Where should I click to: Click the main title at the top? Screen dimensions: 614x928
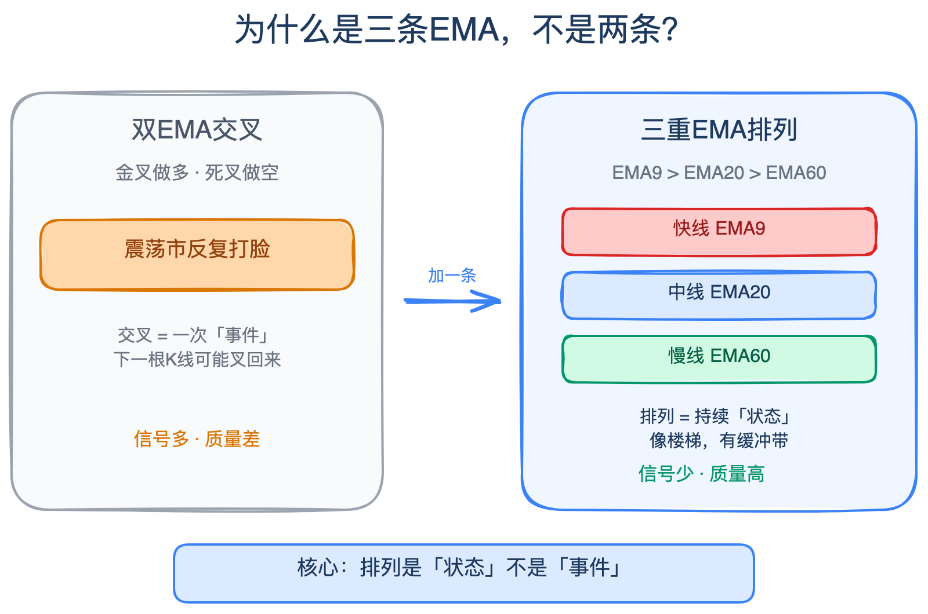[456, 29]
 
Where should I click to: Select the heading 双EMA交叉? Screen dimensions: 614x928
[197, 130]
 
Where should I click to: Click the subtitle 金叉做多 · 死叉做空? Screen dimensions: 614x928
[197, 173]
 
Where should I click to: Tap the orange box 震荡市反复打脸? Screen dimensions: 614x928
[197, 255]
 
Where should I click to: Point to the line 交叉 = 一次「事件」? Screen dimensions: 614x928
[193, 335]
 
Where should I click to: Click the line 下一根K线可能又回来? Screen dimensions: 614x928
[197, 360]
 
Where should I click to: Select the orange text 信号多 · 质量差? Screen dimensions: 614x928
[197, 439]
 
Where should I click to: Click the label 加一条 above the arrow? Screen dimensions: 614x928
[452, 276]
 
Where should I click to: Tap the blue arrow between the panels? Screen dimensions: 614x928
[452, 301]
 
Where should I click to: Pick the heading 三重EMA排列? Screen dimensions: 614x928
[719, 130]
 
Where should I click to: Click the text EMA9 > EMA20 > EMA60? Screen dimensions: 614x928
[719, 173]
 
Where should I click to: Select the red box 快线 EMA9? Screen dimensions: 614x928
[719, 232]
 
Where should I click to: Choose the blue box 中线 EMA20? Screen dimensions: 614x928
[719, 295]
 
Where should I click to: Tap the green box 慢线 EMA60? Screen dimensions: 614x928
[719, 359]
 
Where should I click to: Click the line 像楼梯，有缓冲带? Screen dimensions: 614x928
[719, 441]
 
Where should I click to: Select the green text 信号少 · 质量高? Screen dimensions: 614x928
[701, 474]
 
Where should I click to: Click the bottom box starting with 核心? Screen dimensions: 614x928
[463, 573]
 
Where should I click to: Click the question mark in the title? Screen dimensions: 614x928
[672, 29]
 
